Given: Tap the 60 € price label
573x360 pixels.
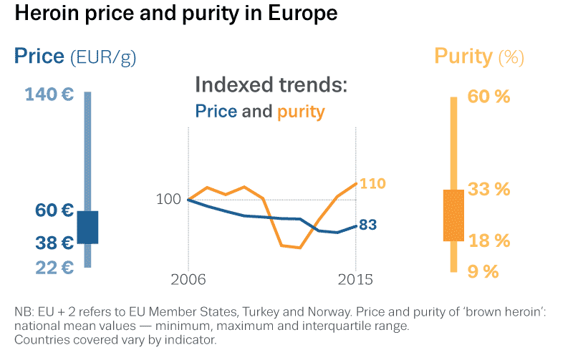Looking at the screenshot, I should tap(54, 210).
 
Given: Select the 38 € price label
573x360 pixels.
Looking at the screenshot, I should tap(54, 243).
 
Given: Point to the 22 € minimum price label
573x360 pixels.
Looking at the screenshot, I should tap(54, 267).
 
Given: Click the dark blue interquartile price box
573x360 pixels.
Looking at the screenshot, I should tap(87, 227).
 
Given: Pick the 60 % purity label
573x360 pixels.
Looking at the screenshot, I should tap(489, 97).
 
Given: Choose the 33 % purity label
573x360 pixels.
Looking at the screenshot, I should tap(489, 190).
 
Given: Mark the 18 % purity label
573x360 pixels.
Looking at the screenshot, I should tap(489, 240).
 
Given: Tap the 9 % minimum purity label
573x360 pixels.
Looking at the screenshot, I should tap(483, 271).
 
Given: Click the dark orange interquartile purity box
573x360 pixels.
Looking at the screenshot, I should tap(454, 215).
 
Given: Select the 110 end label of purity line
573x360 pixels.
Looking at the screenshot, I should tap(372, 184).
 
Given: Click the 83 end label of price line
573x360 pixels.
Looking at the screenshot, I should tap(367, 225).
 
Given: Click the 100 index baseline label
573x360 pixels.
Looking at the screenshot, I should tap(168, 199).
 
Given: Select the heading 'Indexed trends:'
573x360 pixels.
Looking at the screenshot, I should tap(271, 85).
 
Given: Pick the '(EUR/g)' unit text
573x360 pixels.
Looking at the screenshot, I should tap(103, 57).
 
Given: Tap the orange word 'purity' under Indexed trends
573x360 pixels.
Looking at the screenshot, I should tap(301, 112).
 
